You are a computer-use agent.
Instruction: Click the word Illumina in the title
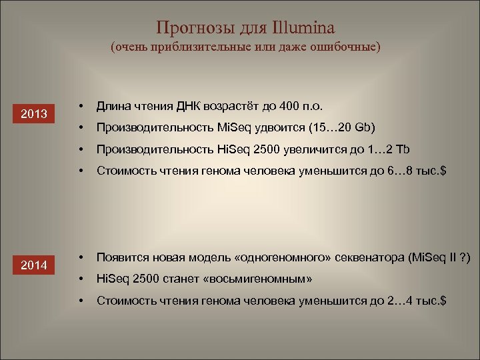coord(303,27)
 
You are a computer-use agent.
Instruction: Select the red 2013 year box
coord(33,114)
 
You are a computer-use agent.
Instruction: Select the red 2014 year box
coord(33,265)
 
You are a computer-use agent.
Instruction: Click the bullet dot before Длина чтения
coord(79,106)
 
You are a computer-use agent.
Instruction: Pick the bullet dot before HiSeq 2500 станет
coord(79,279)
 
